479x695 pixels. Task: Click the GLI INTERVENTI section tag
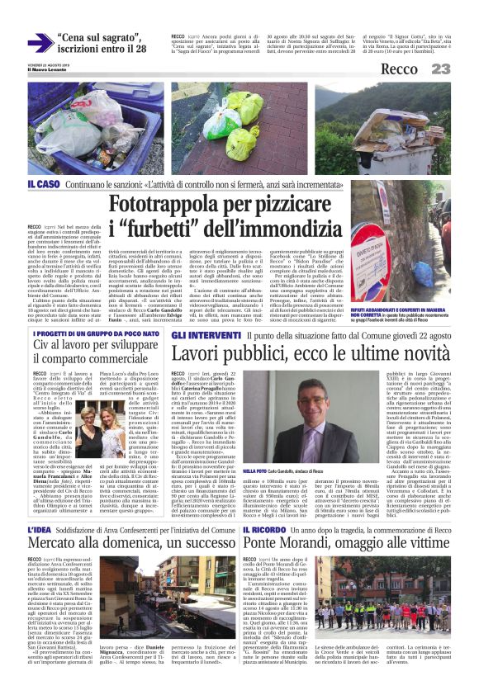click(x=196, y=336)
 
